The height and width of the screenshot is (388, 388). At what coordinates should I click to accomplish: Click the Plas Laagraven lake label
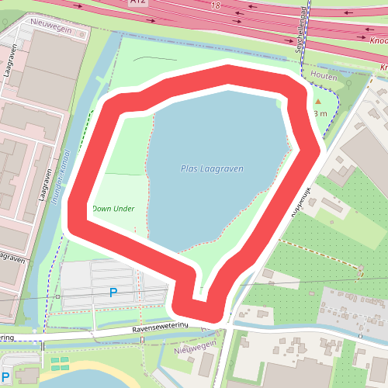pos(212,168)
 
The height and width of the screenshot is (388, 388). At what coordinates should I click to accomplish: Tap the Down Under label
pos(113,209)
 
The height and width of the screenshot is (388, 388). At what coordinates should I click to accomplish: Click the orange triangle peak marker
pos(317,102)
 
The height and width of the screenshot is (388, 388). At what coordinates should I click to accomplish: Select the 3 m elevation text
pos(320,114)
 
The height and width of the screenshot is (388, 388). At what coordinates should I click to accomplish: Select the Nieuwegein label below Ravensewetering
pos(193,351)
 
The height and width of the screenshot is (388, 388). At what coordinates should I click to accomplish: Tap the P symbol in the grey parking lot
pos(113,293)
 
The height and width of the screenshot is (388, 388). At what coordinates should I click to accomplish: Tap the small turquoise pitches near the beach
pos(59,362)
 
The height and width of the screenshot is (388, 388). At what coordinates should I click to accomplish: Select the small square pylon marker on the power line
pos(57,296)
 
